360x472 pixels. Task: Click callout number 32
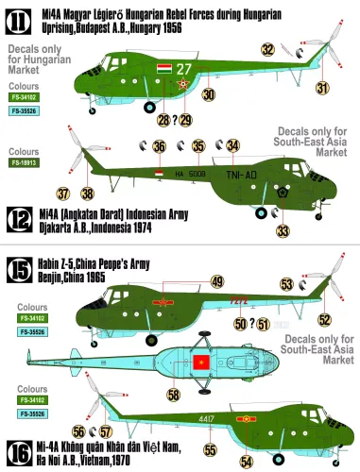coord(268,49)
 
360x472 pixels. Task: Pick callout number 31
coord(322,89)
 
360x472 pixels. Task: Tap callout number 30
coord(208,94)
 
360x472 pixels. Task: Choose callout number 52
coord(325,319)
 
